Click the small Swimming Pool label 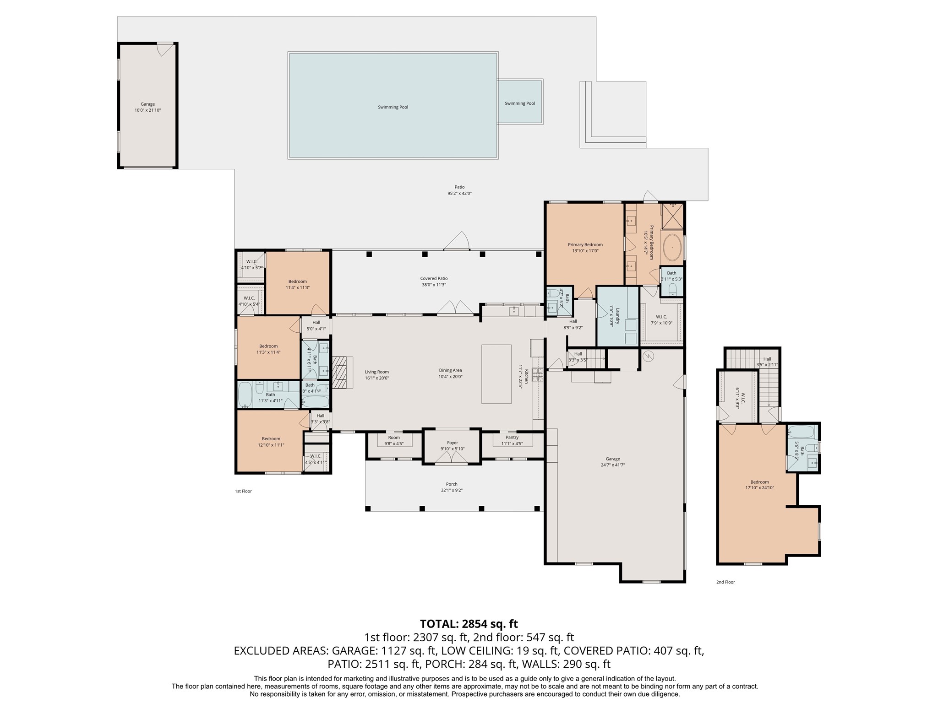point(520,103)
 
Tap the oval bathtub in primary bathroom point(672,247)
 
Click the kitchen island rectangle point(496,374)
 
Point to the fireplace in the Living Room point(340,372)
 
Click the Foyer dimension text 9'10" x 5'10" point(452,449)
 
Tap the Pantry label point(512,438)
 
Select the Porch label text point(452,484)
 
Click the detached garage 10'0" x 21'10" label point(147,110)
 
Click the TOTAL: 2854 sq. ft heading point(469,624)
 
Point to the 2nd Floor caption point(725,582)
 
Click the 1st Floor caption point(243,491)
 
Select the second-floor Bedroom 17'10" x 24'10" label point(759,485)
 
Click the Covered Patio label point(434,278)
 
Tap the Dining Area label point(450,370)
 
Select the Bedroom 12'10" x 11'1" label point(271,442)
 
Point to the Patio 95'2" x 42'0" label point(459,190)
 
